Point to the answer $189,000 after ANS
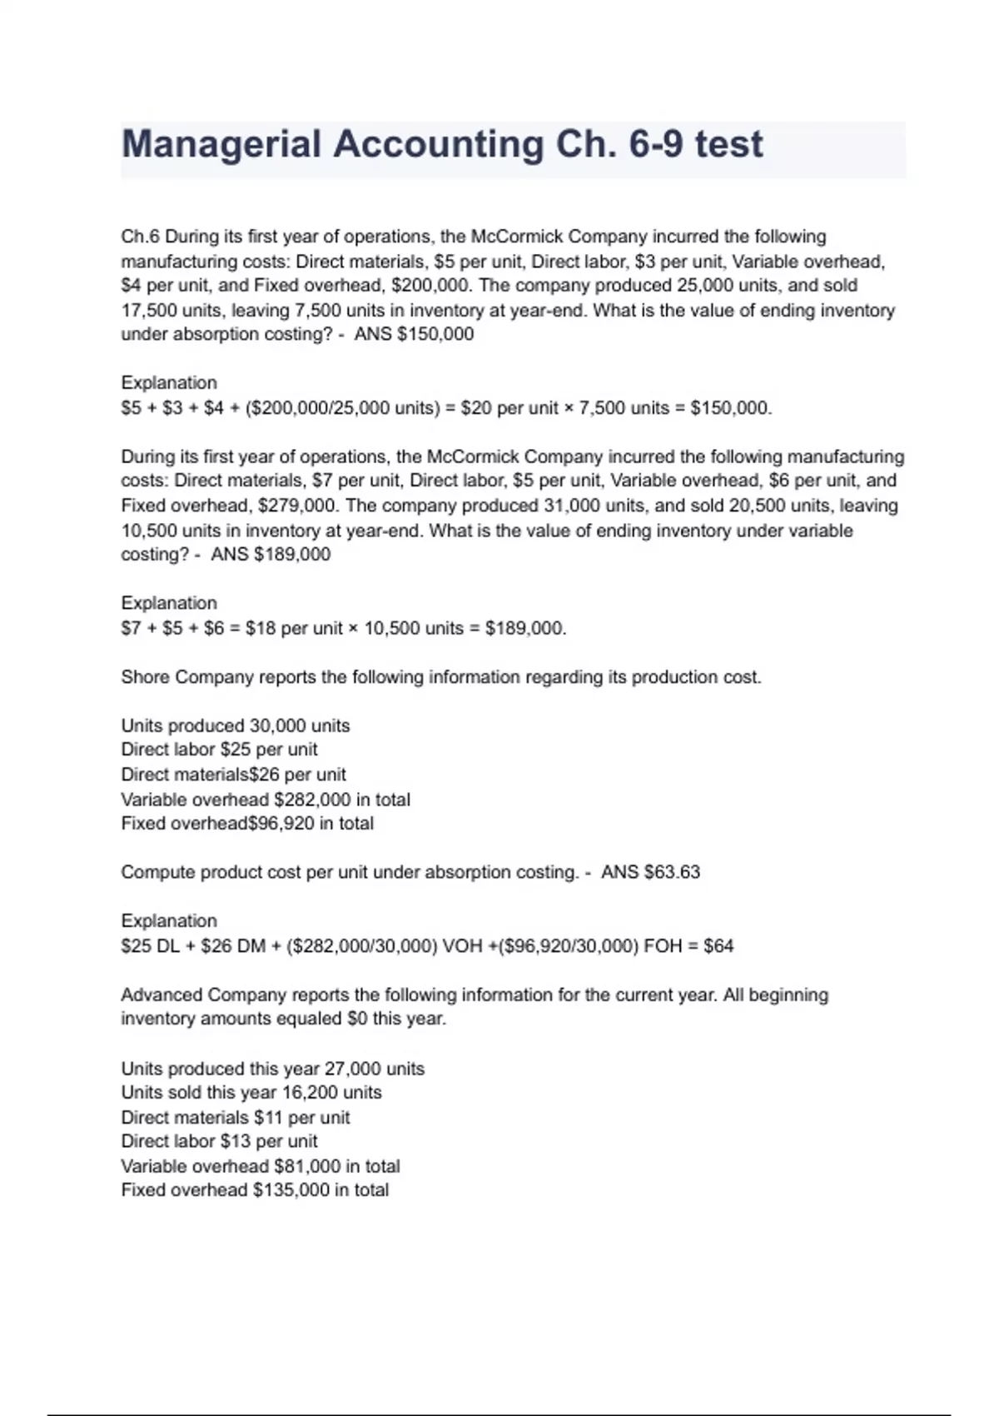point(291,554)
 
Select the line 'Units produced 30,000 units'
point(236,725)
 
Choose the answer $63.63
point(672,872)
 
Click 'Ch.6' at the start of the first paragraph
point(140,237)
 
